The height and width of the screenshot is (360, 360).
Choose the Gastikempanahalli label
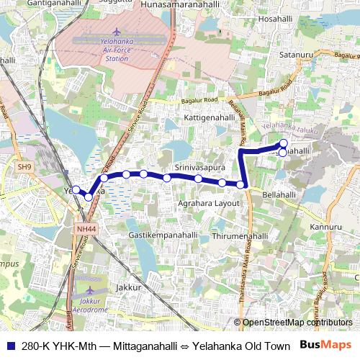coord(162,235)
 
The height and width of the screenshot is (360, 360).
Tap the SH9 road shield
coord(25,167)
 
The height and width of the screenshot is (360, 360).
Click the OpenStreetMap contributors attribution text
coord(297,322)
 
